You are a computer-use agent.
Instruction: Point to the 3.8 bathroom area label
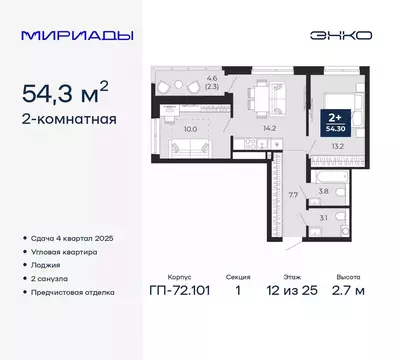coord(322,189)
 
